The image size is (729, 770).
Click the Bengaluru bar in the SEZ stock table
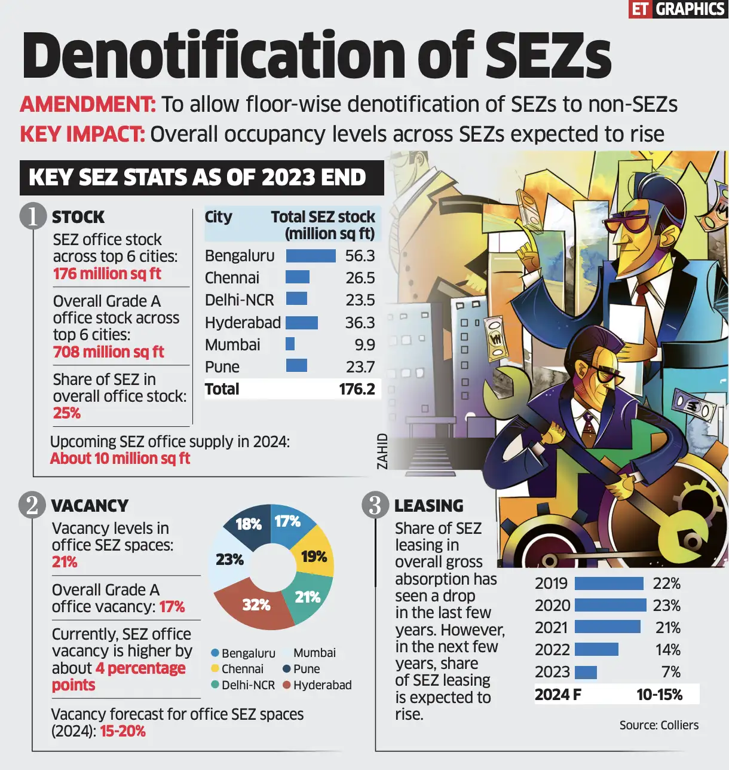[311, 256]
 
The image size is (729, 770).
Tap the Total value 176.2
[357, 389]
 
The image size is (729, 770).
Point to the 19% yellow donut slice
[314, 557]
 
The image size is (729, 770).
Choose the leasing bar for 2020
[610, 606]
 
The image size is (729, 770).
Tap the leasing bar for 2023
[586, 672]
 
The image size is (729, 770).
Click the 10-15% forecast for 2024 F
[659, 695]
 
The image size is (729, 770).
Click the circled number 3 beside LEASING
[375, 505]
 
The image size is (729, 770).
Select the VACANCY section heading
[90, 506]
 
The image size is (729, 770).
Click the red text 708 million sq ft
[108, 352]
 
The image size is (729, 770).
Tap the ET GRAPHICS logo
[678, 9]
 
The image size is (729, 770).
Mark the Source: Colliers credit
[658, 725]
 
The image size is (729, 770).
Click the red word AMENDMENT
[88, 105]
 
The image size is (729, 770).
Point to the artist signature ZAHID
[382, 451]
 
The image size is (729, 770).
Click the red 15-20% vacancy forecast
[122, 731]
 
